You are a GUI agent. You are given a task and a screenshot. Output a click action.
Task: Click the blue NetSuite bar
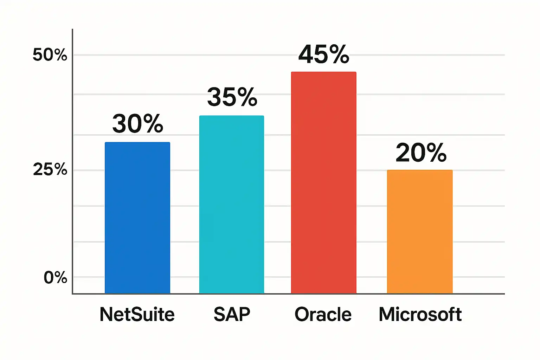point(137,218)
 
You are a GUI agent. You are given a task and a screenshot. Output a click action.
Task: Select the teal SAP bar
point(232,204)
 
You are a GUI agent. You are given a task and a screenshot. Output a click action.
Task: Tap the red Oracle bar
point(323,182)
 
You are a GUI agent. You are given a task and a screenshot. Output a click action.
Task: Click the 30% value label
point(138,124)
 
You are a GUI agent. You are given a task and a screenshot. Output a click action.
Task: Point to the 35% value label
point(232,97)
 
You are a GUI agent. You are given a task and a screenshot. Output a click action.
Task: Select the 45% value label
point(324,54)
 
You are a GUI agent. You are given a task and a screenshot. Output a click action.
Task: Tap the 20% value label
point(421,153)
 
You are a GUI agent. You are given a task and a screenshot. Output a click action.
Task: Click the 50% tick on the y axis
point(50,55)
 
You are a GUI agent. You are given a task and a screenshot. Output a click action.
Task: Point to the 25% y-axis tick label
point(50,170)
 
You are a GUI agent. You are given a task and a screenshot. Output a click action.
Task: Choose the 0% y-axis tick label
point(55,278)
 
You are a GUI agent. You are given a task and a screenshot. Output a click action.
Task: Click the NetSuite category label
point(137,314)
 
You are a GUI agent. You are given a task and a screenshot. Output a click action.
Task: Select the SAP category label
point(232,314)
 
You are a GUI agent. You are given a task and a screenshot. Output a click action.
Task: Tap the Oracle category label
point(323,314)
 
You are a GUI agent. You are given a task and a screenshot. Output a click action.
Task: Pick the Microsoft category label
point(420,314)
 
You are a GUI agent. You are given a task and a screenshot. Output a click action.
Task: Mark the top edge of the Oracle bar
point(323,72)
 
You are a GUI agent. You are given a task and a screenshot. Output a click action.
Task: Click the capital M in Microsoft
point(387,314)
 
